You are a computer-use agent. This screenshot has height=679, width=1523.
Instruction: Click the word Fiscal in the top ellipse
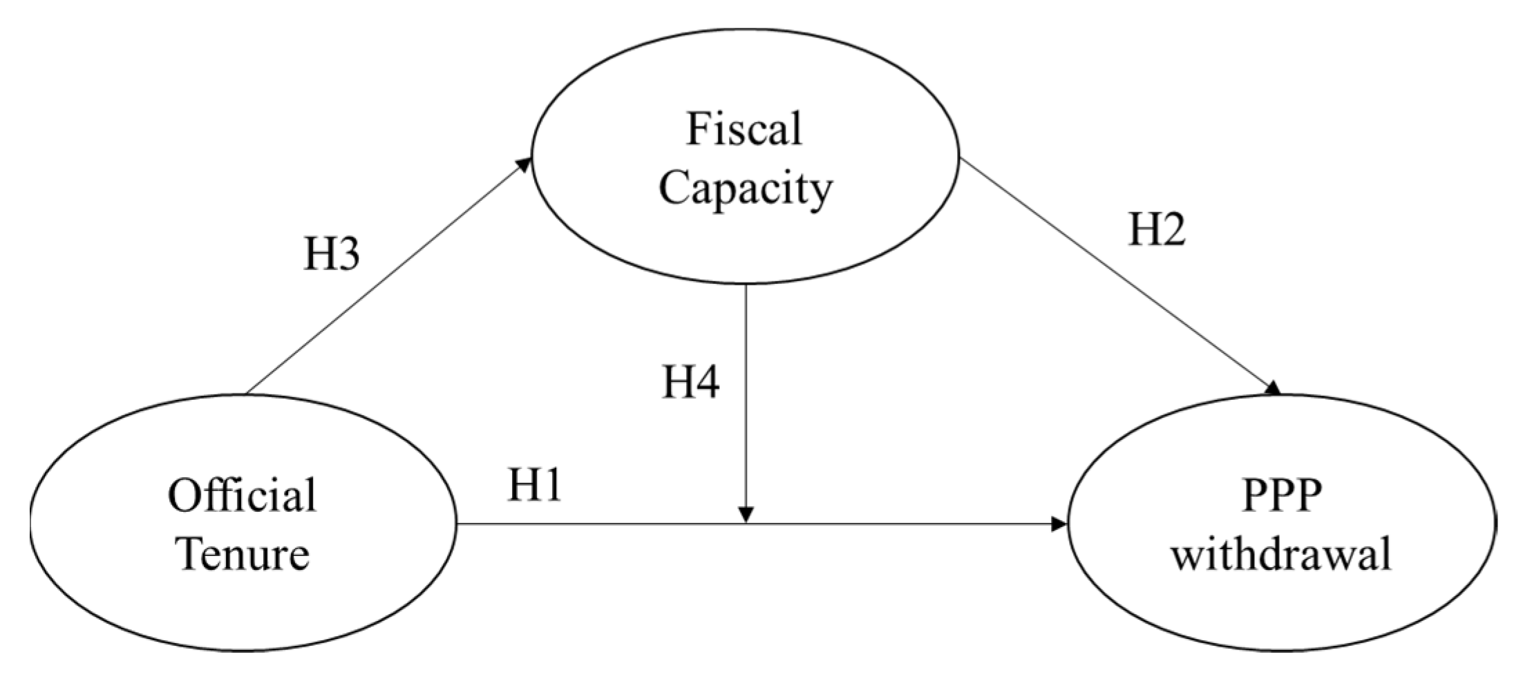click(x=744, y=129)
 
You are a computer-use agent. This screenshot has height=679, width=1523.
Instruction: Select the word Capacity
click(x=746, y=188)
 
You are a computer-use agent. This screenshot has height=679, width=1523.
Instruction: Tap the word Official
click(x=242, y=495)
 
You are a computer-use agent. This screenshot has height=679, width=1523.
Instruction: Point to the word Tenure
click(x=243, y=554)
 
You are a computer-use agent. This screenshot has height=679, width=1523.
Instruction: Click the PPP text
click(x=1282, y=495)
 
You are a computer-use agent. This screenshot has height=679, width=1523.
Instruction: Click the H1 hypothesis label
click(x=535, y=485)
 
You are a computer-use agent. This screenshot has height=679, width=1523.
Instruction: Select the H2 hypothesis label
click(x=1157, y=229)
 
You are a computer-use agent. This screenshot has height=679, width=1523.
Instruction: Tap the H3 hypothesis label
click(x=332, y=255)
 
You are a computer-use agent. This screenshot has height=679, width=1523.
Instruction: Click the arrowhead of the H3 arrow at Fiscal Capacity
click(x=525, y=163)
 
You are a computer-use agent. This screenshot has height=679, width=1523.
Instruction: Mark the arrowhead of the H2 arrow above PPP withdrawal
click(x=1273, y=388)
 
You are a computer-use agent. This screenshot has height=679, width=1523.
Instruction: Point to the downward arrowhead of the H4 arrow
click(x=746, y=515)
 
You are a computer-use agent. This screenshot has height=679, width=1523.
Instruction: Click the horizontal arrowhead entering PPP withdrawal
click(x=1059, y=524)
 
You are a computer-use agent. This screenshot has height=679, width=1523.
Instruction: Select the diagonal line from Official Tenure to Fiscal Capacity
click(x=387, y=278)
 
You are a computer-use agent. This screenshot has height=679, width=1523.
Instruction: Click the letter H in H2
click(x=1144, y=229)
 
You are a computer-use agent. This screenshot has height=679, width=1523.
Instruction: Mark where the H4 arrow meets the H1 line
click(x=746, y=524)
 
